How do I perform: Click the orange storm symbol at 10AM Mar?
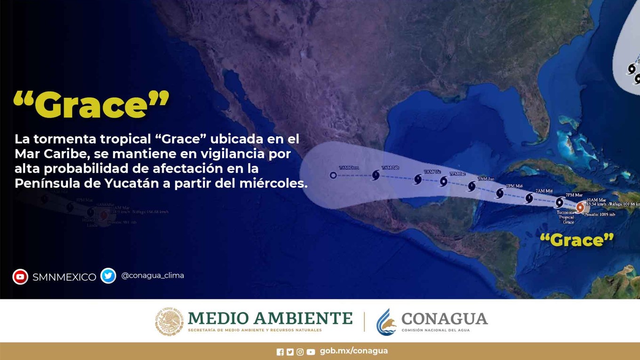pos(580,207)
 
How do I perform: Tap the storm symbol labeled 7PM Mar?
pos(559,202)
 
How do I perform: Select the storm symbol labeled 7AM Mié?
pos(529,198)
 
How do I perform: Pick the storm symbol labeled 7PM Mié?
pos(500,193)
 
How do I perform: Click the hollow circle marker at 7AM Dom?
pos(333,176)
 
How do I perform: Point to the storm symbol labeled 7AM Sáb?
pos(376,176)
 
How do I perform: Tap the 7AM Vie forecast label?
pos(432,172)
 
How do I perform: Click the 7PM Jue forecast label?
pos(457,174)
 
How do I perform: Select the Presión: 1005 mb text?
pos(600,215)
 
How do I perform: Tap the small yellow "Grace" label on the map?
pos(576,240)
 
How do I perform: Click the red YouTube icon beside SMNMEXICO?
pos(20,277)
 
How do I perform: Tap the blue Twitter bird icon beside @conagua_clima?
pos(108,276)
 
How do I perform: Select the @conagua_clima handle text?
pos(152,276)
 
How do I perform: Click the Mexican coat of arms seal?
pos(169,322)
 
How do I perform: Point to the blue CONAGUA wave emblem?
pos(386,322)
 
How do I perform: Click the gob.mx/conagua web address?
pos(354,351)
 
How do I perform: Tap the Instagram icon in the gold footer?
pos(300,352)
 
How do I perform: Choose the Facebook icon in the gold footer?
pos(280,352)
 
